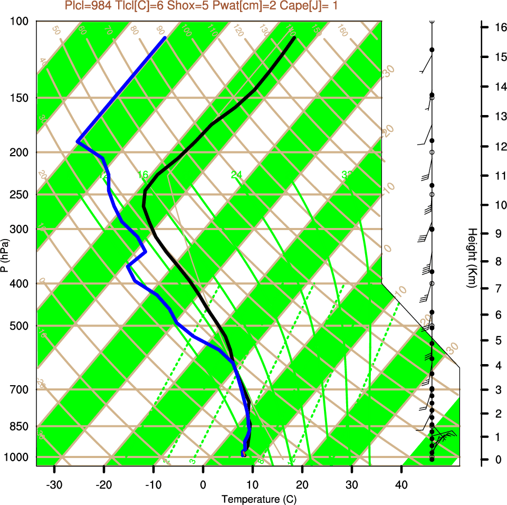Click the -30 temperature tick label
pos(54,484)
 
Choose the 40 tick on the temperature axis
pos(401,484)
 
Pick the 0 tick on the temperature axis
pos(203,484)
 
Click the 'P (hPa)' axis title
pos(4,255)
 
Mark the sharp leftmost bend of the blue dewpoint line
pos(78,141)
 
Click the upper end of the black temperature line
pos(294,37)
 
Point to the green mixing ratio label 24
pos(236,175)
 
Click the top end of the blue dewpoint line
pos(165,37)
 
